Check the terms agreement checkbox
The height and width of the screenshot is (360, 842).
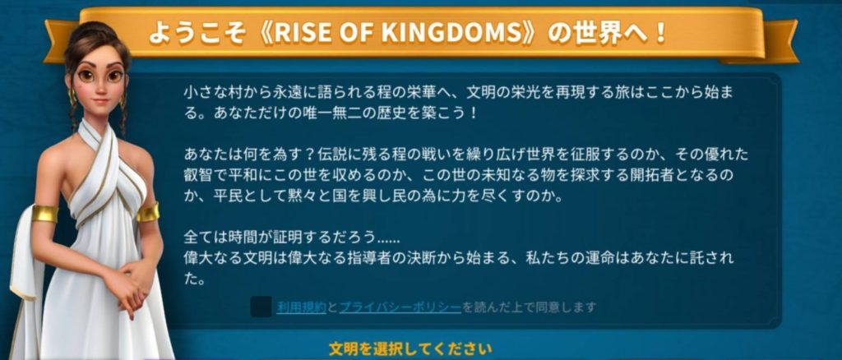click(261, 307)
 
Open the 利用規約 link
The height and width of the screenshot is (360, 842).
click(302, 307)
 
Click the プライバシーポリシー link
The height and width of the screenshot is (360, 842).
click(400, 307)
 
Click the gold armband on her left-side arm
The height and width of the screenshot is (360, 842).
click(44, 213)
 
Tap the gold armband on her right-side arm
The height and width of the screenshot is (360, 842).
click(148, 212)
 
